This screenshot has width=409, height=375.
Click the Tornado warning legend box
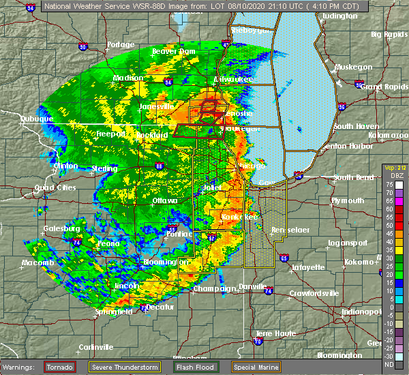point(60,367)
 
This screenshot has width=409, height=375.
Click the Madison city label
point(127,78)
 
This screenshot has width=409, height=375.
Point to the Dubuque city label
point(36,119)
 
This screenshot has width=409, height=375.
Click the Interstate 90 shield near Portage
point(83,47)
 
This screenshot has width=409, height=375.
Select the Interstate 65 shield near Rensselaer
point(284,258)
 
